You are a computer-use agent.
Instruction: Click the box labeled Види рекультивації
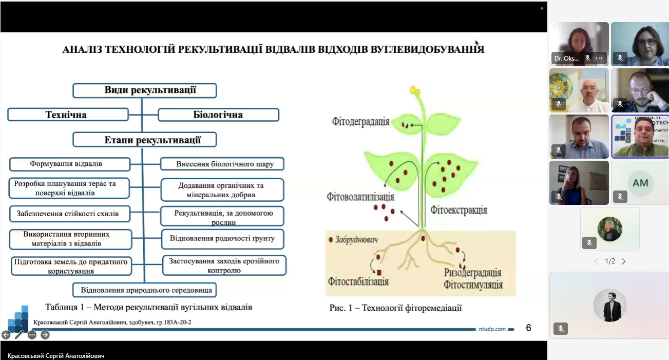(144, 90)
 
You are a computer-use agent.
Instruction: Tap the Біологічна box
(218, 115)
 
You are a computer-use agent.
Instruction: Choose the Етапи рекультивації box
(144, 140)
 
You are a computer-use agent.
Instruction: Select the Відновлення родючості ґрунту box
(222, 238)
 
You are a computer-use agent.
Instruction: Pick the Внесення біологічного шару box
(222, 164)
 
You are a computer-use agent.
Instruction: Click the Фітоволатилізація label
(360, 197)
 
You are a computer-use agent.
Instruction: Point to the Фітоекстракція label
(458, 210)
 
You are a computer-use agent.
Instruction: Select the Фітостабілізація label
(358, 281)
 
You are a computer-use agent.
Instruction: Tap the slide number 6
(528, 328)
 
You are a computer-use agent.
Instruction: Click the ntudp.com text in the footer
(492, 329)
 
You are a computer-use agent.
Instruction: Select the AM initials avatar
(640, 183)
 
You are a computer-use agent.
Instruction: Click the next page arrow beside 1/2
(624, 261)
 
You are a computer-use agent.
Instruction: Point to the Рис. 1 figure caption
(395, 308)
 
